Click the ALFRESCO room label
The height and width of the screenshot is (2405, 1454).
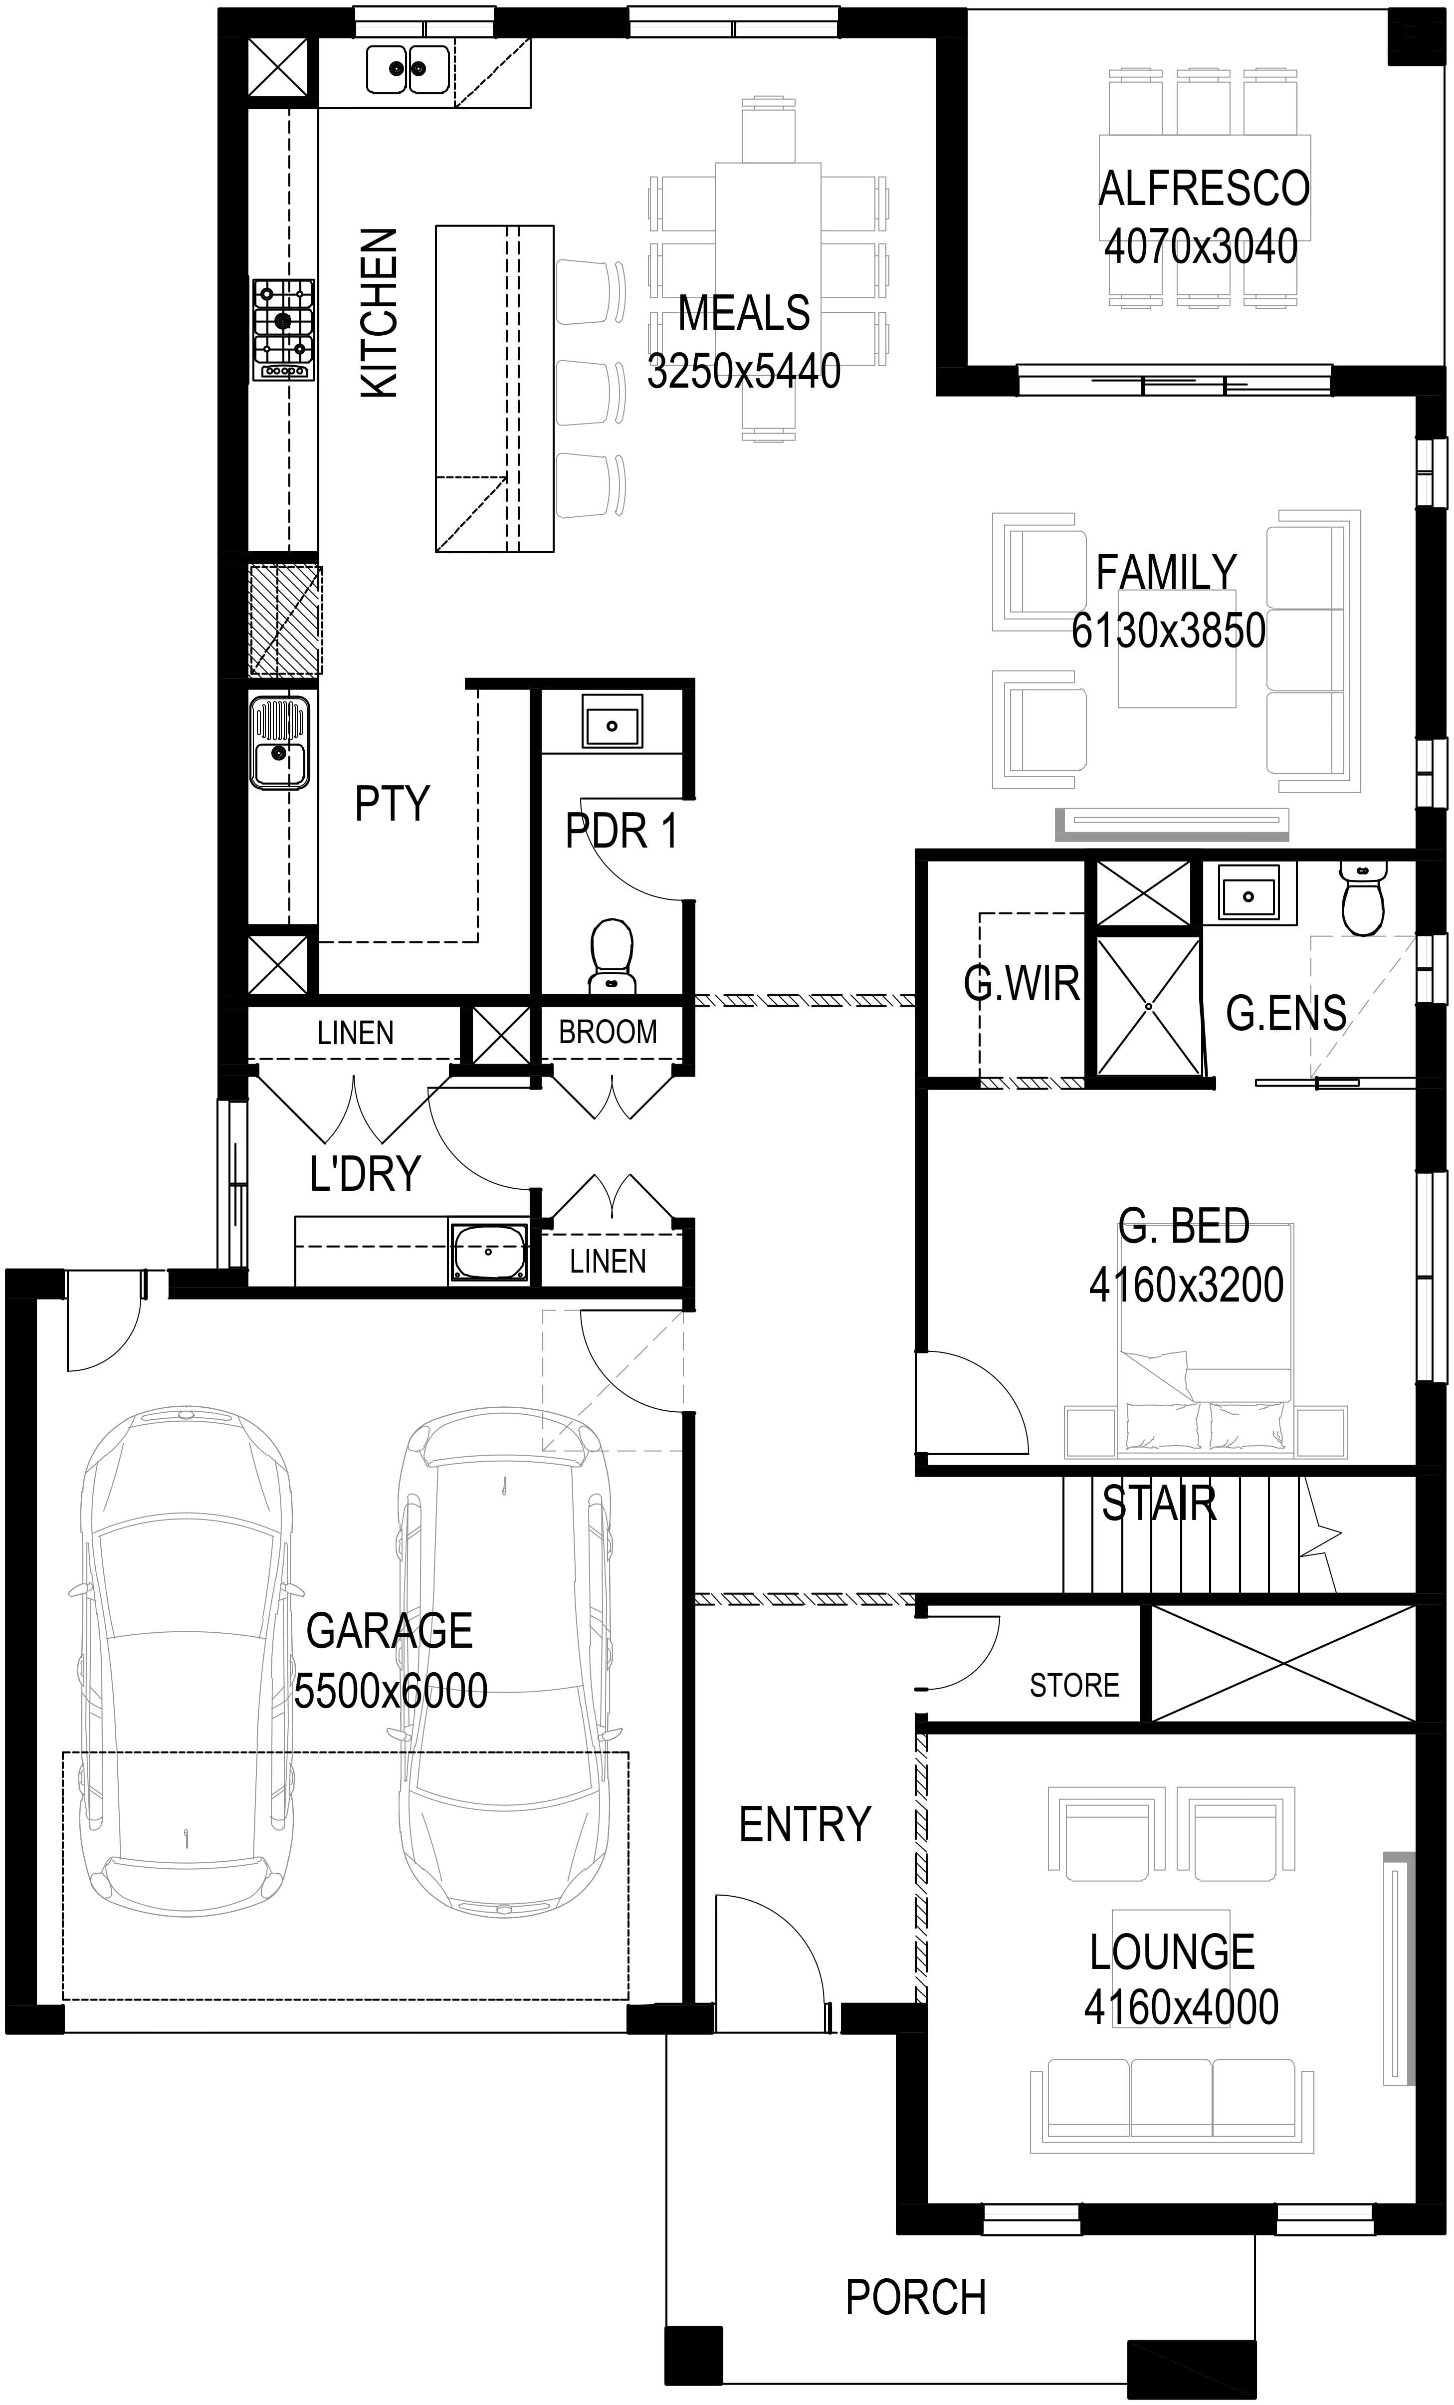(1203, 189)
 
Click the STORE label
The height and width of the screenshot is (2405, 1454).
(1074, 1686)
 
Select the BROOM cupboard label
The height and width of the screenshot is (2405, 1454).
(608, 1032)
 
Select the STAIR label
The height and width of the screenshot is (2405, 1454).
(1159, 1504)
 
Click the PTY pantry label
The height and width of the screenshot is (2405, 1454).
(392, 803)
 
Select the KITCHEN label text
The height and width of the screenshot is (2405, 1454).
(380, 313)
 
